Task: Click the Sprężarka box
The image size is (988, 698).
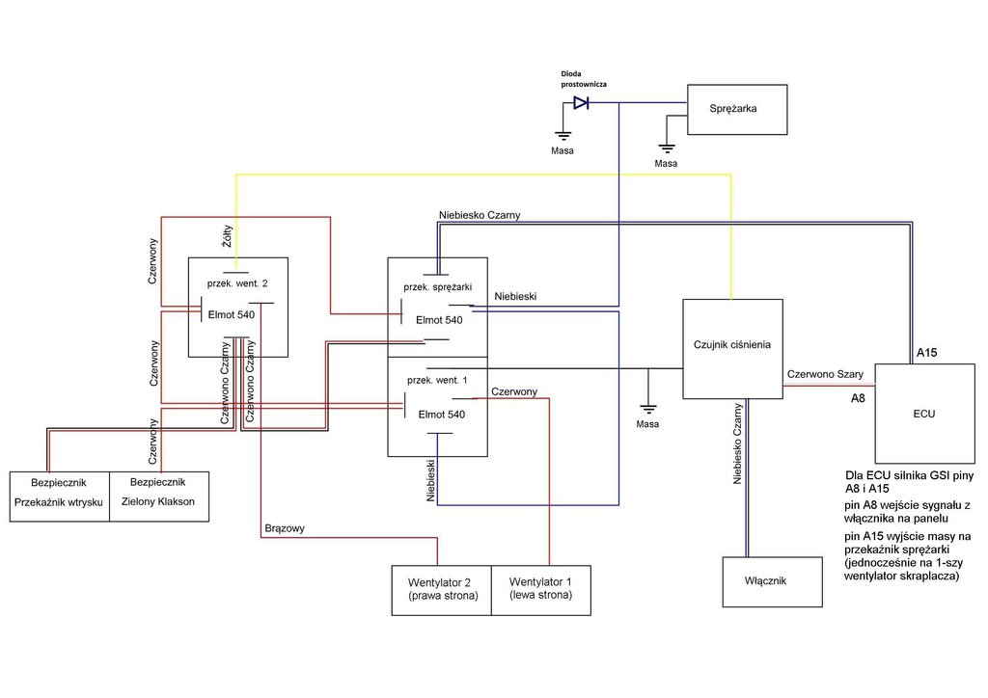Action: pos(736,109)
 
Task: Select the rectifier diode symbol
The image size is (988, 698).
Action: pos(581,103)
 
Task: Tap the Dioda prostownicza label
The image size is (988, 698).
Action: pos(584,78)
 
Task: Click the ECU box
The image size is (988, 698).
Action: pos(923,413)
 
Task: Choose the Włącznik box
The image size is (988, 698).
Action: pos(773,581)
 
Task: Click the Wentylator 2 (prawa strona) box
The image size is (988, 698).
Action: pos(441,589)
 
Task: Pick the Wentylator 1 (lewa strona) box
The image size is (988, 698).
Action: pos(541,589)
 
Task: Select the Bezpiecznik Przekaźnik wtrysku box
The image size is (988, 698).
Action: pos(60,496)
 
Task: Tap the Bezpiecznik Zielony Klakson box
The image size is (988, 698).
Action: pos(159,496)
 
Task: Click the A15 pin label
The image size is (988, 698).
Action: pos(927,354)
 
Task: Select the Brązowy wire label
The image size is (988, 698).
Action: pos(285,529)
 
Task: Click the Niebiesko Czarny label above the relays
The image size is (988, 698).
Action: pos(480,215)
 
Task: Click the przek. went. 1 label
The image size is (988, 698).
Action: pos(437,380)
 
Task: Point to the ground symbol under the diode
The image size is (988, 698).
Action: pos(562,137)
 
